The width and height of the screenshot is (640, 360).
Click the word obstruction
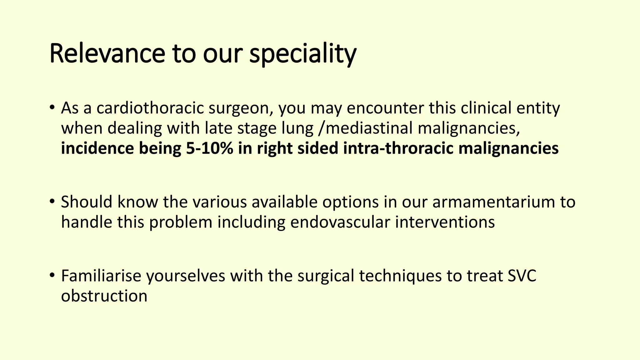(x=104, y=296)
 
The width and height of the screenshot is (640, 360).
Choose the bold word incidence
(x=97, y=148)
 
